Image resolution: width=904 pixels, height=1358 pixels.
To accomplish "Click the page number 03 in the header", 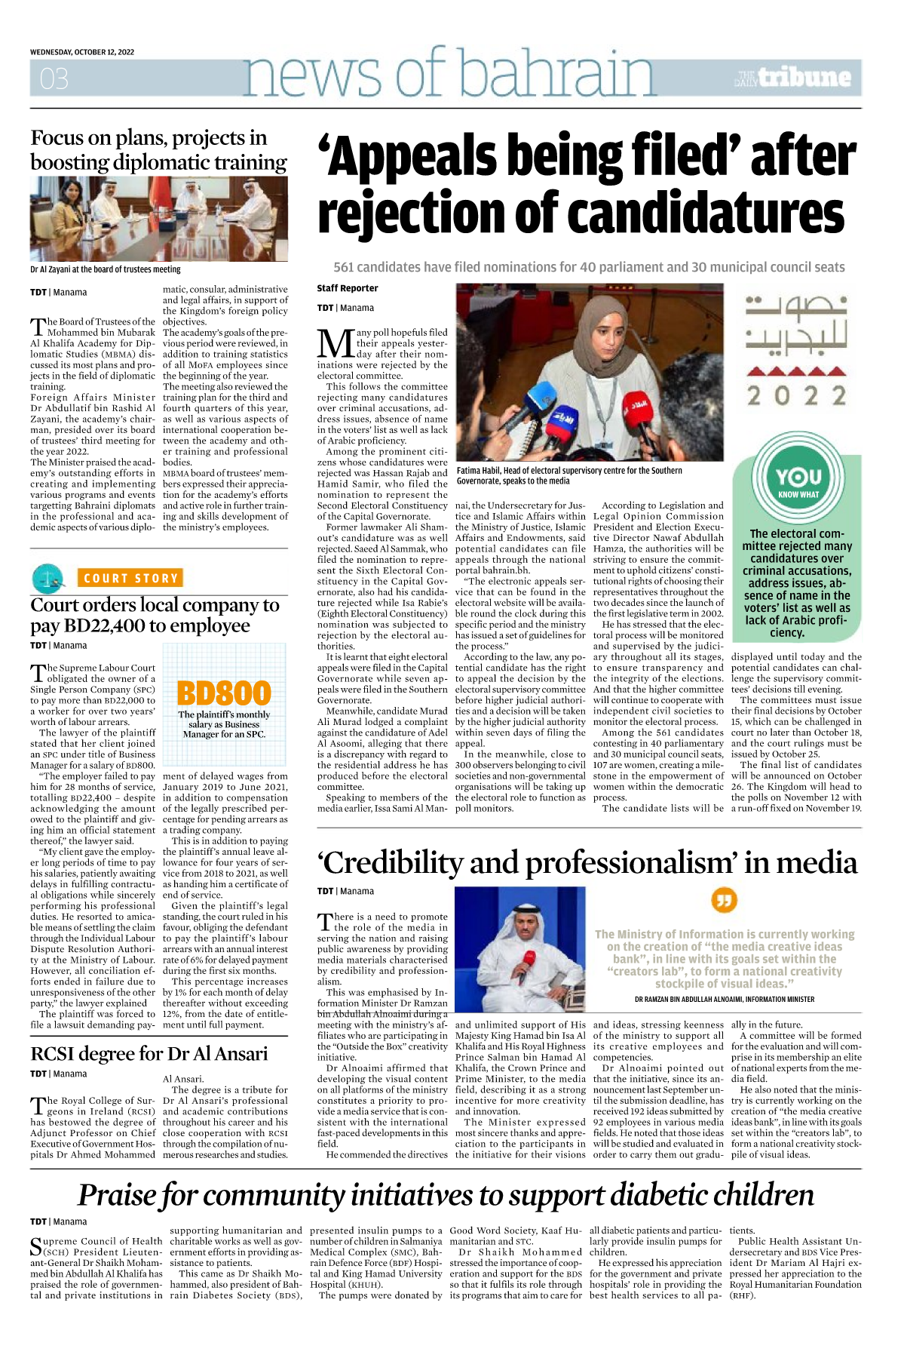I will point(54,78).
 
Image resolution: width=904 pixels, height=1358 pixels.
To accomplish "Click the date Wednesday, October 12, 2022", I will point(82,52).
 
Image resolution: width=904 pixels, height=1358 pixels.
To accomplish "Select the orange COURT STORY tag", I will point(130,579).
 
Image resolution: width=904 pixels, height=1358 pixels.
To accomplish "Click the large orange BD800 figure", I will point(224,693).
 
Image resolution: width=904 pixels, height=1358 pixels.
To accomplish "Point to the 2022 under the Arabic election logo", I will point(796,395).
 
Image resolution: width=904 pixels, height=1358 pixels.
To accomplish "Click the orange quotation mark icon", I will point(724,900).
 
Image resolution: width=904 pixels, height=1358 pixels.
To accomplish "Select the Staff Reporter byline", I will point(348,288).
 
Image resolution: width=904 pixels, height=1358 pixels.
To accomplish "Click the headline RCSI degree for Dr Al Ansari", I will point(149,1053).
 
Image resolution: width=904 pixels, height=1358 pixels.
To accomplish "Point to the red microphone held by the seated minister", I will point(529,960).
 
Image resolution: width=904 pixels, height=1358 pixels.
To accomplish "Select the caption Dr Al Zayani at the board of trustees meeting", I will point(106,269).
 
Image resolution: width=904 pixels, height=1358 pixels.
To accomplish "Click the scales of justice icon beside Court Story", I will point(48,579).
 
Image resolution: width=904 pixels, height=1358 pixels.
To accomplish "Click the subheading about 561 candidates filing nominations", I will point(589,267).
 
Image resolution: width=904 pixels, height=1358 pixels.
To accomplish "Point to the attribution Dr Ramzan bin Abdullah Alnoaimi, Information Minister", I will point(725,999).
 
